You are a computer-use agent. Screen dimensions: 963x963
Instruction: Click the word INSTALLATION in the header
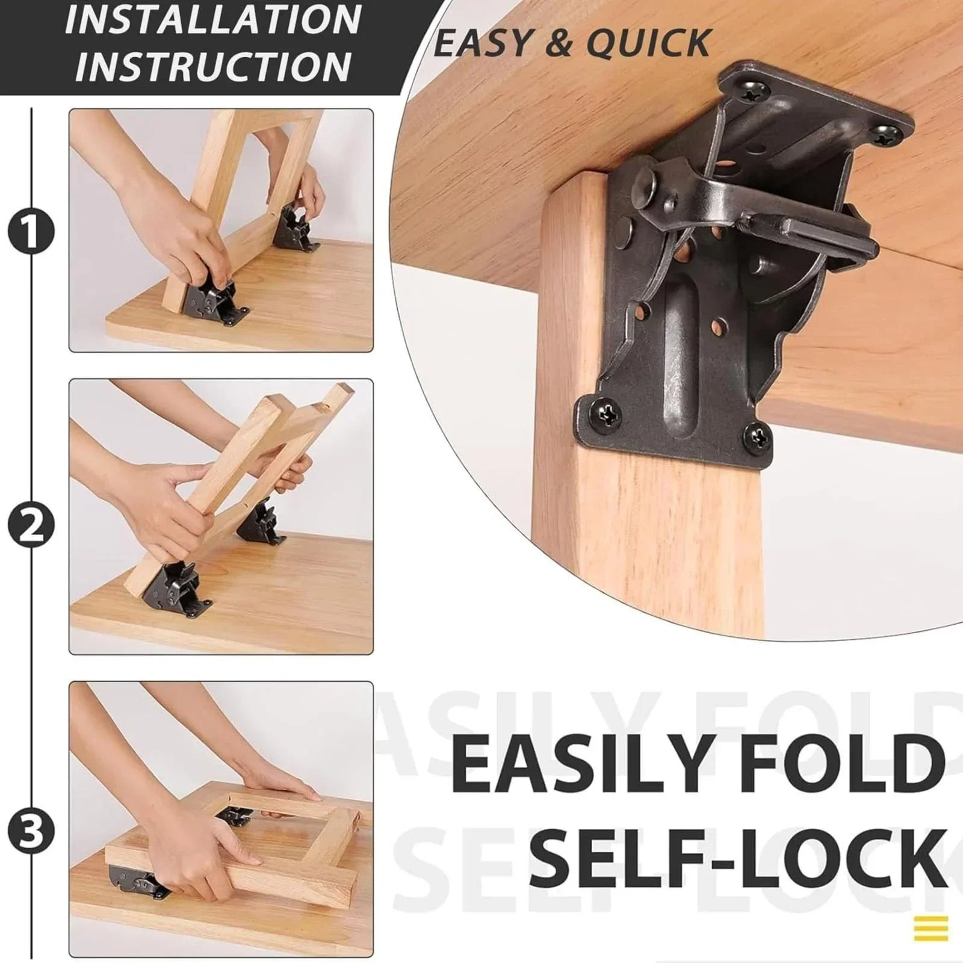pyautogui.click(x=213, y=20)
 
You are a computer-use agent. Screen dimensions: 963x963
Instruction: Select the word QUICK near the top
pyautogui.click(x=648, y=43)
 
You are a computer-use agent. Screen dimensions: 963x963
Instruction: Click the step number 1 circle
pyautogui.click(x=31, y=231)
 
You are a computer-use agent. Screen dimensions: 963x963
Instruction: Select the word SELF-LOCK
pyautogui.click(x=737, y=855)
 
